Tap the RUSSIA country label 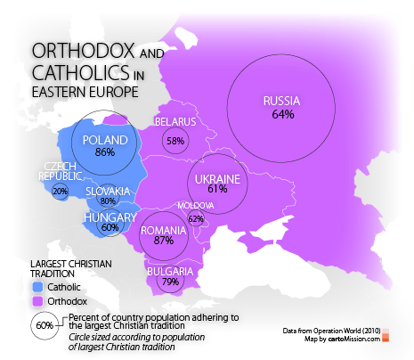point(282,101)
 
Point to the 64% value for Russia point(282,114)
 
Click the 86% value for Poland point(105,152)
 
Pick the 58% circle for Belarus point(175,141)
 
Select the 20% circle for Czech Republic point(61,191)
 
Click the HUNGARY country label point(109,217)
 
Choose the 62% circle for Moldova point(196,218)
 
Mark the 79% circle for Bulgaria point(169,282)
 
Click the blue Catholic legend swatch point(36,288)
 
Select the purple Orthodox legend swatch point(36,302)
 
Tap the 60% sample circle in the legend point(45,325)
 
